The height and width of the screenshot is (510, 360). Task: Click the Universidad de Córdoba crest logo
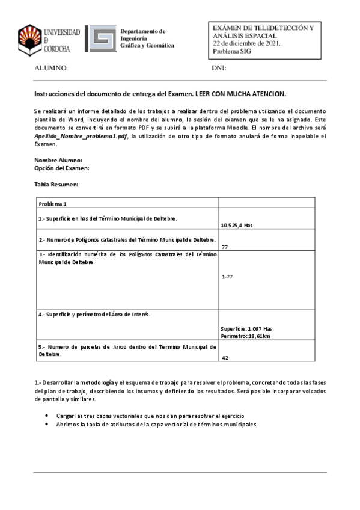click(31, 38)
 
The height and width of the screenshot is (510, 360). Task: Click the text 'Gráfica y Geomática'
click(147, 46)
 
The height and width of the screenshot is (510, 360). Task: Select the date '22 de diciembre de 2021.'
click(246, 44)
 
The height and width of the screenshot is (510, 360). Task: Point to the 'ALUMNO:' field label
click(51, 69)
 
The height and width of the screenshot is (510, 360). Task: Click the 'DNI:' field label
click(219, 69)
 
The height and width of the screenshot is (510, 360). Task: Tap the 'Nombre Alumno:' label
click(58, 160)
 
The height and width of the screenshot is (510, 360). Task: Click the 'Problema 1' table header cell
click(53, 203)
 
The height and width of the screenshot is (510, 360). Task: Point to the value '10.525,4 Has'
click(236, 225)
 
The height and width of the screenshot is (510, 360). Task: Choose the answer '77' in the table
click(224, 247)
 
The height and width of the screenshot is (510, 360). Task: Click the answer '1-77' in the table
click(227, 277)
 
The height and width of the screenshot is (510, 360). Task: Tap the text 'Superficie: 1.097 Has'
click(246, 329)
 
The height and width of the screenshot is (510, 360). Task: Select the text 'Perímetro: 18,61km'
click(245, 336)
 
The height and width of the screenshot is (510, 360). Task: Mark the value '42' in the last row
click(225, 357)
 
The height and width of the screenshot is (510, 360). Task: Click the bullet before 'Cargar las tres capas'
click(47, 416)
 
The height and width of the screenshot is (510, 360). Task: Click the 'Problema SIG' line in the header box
click(232, 52)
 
